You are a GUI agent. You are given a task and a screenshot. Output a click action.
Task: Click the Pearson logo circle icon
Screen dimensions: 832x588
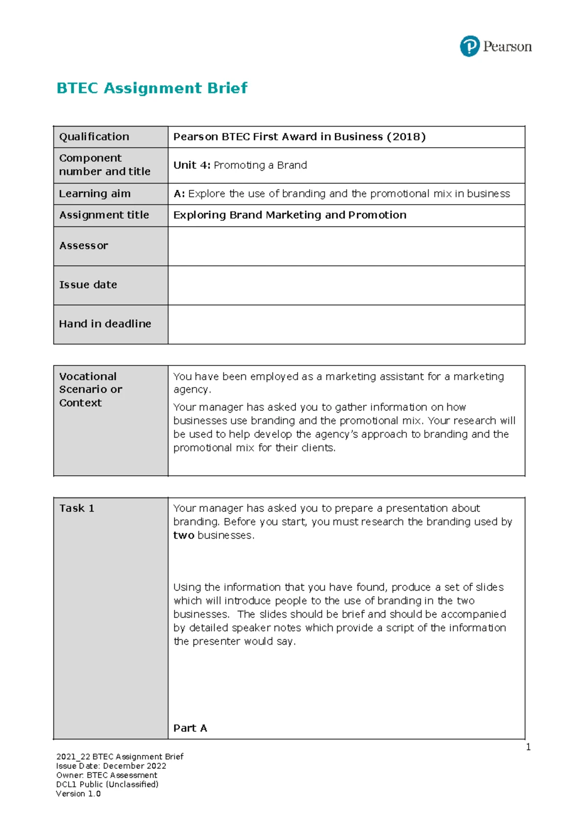click(x=469, y=47)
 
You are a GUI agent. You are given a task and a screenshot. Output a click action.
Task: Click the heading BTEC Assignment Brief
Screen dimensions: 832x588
click(x=152, y=88)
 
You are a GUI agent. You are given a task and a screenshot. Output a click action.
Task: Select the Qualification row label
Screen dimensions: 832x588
click(x=94, y=137)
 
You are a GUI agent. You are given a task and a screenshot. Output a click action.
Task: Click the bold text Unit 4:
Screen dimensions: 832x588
click(x=192, y=165)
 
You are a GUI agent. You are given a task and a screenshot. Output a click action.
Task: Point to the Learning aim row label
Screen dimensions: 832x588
click(x=95, y=194)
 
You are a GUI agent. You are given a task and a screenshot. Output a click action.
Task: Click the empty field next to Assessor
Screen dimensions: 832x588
click(x=346, y=246)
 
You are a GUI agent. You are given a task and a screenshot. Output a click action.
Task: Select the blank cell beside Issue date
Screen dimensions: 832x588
click(x=346, y=286)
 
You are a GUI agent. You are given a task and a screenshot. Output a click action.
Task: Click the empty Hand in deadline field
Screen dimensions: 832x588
click(x=346, y=324)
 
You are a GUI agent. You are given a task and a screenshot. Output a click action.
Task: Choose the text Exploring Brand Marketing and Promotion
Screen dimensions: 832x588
click(x=290, y=215)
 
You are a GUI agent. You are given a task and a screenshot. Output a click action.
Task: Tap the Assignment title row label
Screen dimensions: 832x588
click(x=104, y=215)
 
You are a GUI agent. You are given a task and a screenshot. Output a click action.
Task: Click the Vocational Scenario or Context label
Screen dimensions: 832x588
click(x=90, y=390)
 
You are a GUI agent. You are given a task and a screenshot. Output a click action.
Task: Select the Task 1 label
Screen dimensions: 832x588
click(x=76, y=508)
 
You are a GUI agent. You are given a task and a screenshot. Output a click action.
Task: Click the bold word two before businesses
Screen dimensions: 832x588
click(x=184, y=535)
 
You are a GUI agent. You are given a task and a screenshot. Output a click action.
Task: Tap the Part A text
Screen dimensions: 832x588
click(x=190, y=728)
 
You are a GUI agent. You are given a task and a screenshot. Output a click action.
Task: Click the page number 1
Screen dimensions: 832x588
click(x=528, y=747)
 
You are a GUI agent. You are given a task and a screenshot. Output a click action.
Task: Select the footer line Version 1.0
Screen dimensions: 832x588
click(x=78, y=794)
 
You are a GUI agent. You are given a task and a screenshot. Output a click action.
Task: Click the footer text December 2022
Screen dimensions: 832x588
click(x=134, y=766)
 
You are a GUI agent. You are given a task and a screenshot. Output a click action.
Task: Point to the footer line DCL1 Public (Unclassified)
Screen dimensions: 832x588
click(x=107, y=784)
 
